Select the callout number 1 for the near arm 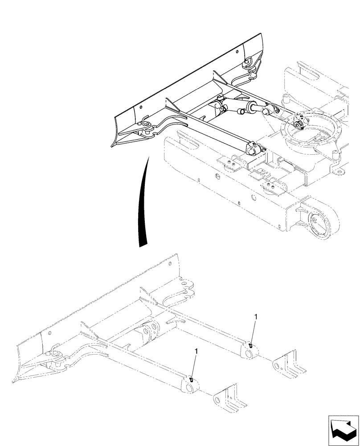point(196,352)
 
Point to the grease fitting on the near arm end point(191,379)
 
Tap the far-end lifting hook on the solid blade point(248,62)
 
